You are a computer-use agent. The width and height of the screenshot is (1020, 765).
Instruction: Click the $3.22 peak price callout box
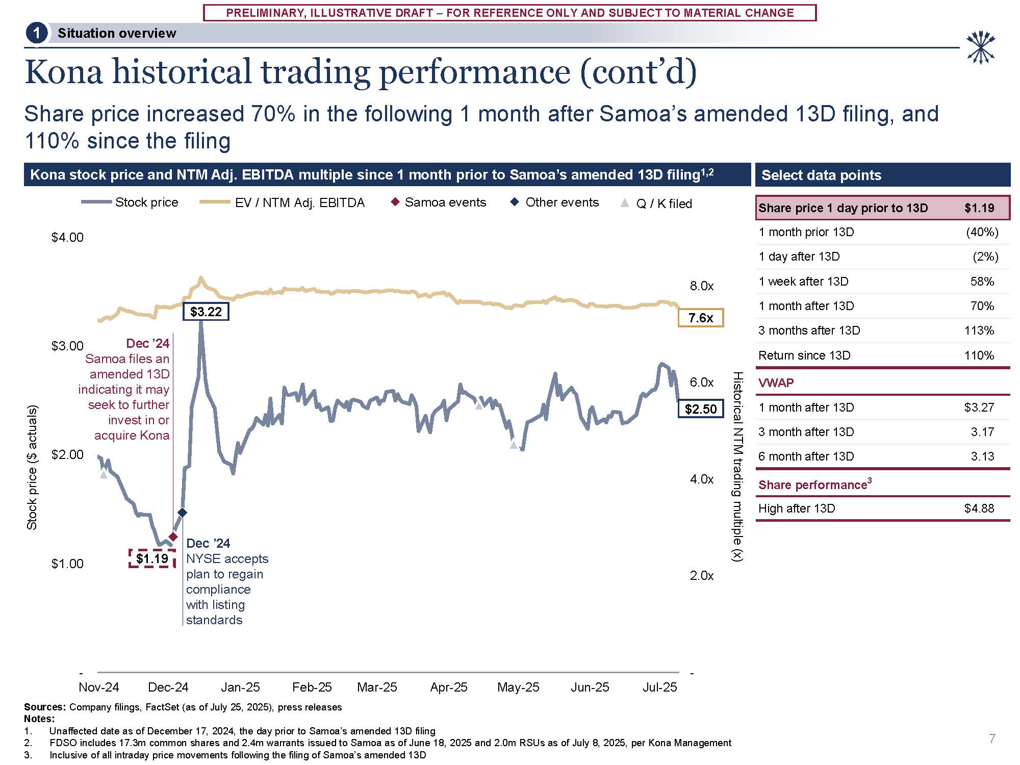[x=206, y=312]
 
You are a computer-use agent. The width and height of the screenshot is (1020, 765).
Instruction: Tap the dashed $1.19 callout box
[x=152, y=558]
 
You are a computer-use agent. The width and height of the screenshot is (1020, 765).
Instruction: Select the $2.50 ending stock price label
[x=700, y=409]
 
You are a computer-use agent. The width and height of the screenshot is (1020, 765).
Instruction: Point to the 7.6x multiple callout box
[x=700, y=318]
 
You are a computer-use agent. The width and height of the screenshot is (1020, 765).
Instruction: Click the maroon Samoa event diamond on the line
[x=173, y=537]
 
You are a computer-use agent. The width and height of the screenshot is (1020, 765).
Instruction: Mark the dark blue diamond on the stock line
[x=182, y=513]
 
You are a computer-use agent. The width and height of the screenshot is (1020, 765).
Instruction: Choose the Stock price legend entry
[x=130, y=202]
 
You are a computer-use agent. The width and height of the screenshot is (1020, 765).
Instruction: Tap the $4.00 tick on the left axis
[x=67, y=237]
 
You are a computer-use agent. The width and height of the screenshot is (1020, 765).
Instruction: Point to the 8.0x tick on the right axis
[x=701, y=286]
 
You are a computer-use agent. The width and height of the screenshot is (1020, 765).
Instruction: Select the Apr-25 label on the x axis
[x=449, y=687]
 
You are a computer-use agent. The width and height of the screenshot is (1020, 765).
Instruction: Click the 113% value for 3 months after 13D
[x=979, y=330]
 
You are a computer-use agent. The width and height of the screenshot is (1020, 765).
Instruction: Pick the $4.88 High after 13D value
[x=979, y=508]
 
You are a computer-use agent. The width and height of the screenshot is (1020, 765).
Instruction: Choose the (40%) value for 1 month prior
[x=982, y=232]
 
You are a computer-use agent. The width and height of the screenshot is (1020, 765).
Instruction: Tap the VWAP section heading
[x=776, y=383]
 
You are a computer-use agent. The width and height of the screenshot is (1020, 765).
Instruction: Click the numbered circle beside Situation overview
[x=36, y=34]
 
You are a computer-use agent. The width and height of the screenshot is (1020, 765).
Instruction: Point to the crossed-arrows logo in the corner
[x=980, y=47]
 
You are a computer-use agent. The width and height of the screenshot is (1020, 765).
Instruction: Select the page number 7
[x=992, y=738]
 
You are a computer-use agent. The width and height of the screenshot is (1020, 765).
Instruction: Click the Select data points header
[x=821, y=175]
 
